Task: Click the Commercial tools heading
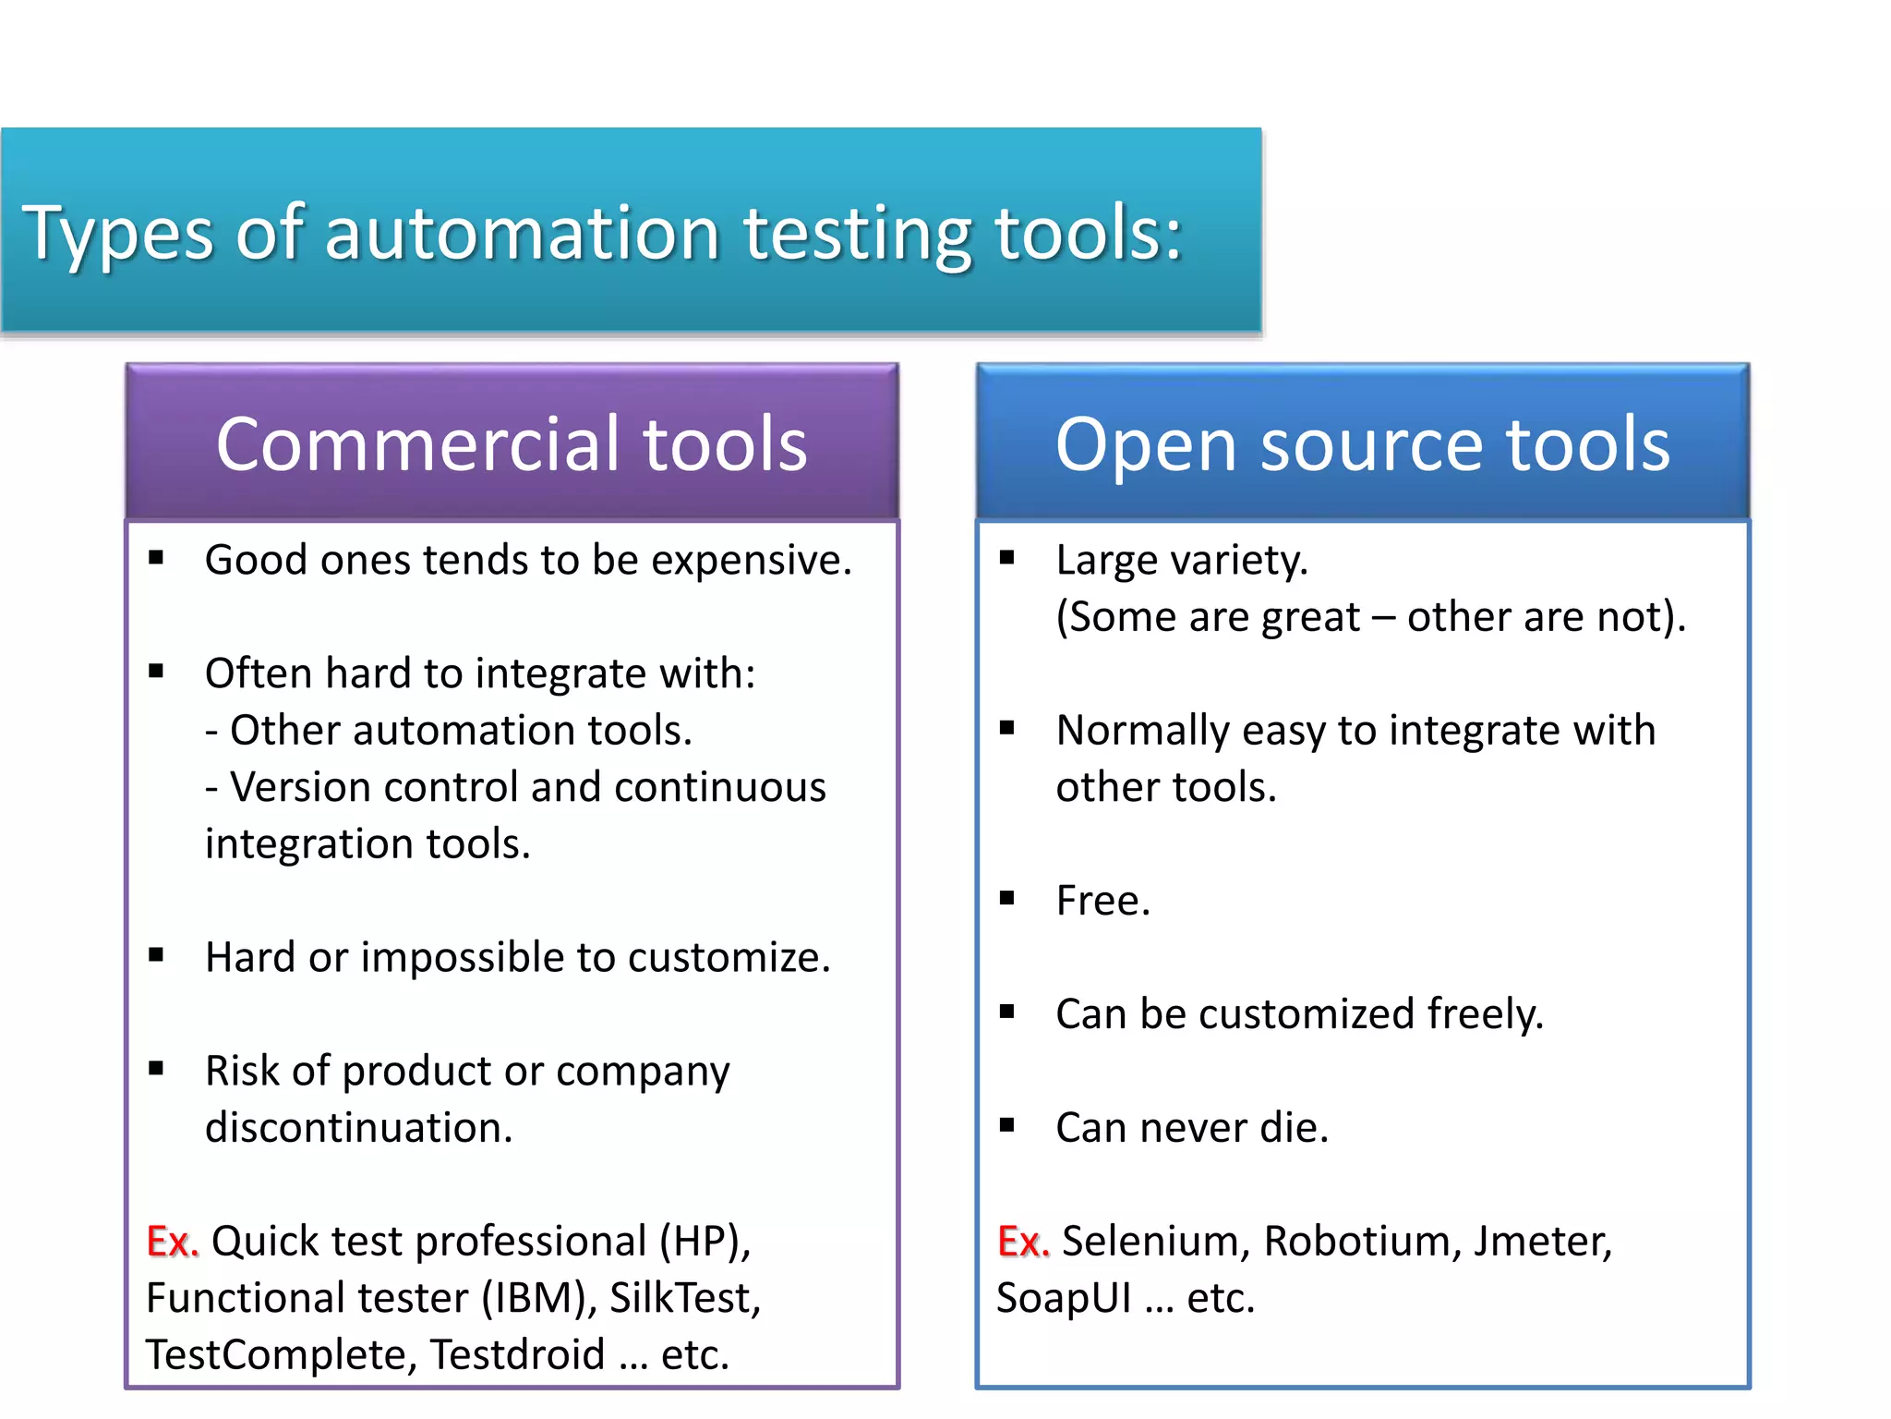pos(512,444)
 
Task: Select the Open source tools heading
pos(1362,444)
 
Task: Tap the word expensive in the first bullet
pos(751,561)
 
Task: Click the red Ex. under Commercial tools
pos(172,1242)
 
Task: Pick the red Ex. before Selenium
pos(1023,1242)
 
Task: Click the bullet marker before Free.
pos(1007,898)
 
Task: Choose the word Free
pos(1102,902)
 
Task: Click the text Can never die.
pos(1191,1129)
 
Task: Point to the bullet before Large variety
pos(1007,557)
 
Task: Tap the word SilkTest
pos(684,1299)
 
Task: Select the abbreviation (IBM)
pos(539,1299)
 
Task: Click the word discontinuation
pos(358,1129)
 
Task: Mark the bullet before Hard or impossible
pos(156,955)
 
